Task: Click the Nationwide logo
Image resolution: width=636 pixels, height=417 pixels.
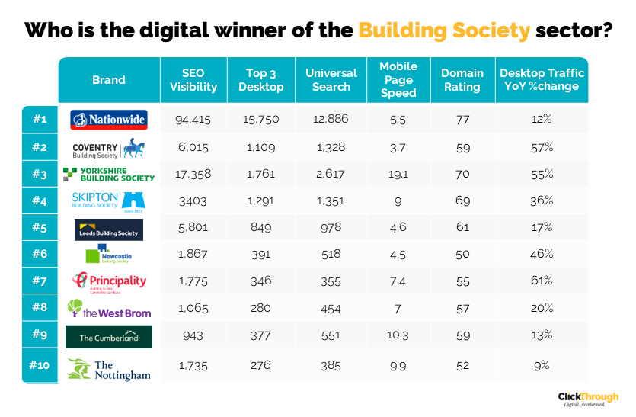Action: (109, 120)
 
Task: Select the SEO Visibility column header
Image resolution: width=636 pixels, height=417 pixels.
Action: (183, 80)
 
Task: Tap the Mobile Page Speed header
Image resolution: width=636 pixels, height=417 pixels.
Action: (398, 80)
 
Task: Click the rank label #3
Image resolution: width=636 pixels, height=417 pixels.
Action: (40, 175)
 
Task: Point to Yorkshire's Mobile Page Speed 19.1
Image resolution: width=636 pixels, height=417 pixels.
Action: (398, 175)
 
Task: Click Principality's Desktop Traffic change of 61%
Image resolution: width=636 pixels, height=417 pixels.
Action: (542, 281)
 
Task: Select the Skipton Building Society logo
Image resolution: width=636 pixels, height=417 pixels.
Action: (109, 201)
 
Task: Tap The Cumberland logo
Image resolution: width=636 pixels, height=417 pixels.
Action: (109, 337)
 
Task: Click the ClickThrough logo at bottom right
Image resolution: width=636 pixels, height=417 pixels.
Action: (588, 399)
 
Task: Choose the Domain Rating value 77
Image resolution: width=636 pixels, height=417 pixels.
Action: (462, 120)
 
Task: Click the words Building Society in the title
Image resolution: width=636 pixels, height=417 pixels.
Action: (444, 30)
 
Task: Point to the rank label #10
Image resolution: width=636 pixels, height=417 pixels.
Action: (40, 365)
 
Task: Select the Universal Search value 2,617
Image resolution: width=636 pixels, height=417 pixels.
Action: (331, 175)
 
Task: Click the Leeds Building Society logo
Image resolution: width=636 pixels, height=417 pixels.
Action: (109, 229)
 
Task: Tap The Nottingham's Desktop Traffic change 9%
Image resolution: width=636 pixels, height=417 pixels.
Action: (542, 365)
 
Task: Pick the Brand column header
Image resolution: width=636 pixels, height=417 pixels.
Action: (109, 80)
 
